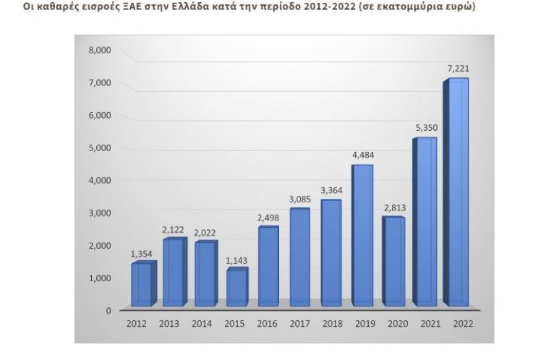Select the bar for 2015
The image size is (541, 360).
click(x=236, y=287)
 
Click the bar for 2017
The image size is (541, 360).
click(x=299, y=257)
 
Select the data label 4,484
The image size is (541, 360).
click(x=364, y=154)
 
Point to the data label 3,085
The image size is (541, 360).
click(x=300, y=198)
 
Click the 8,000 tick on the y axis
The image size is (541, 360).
click(x=100, y=50)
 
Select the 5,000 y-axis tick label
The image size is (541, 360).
click(x=100, y=147)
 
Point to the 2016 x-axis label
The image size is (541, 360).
click(x=268, y=323)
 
